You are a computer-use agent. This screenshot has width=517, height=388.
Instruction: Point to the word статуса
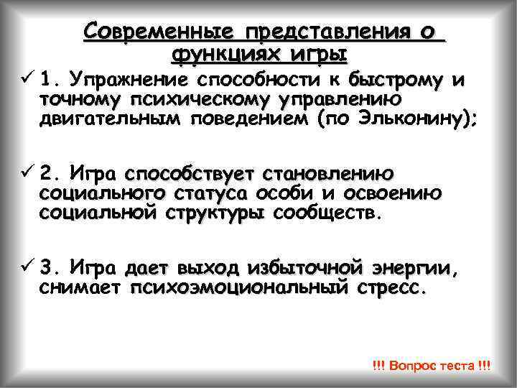click(x=208, y=194)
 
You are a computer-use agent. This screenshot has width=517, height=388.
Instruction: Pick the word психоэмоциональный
click(x=238, y=289)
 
